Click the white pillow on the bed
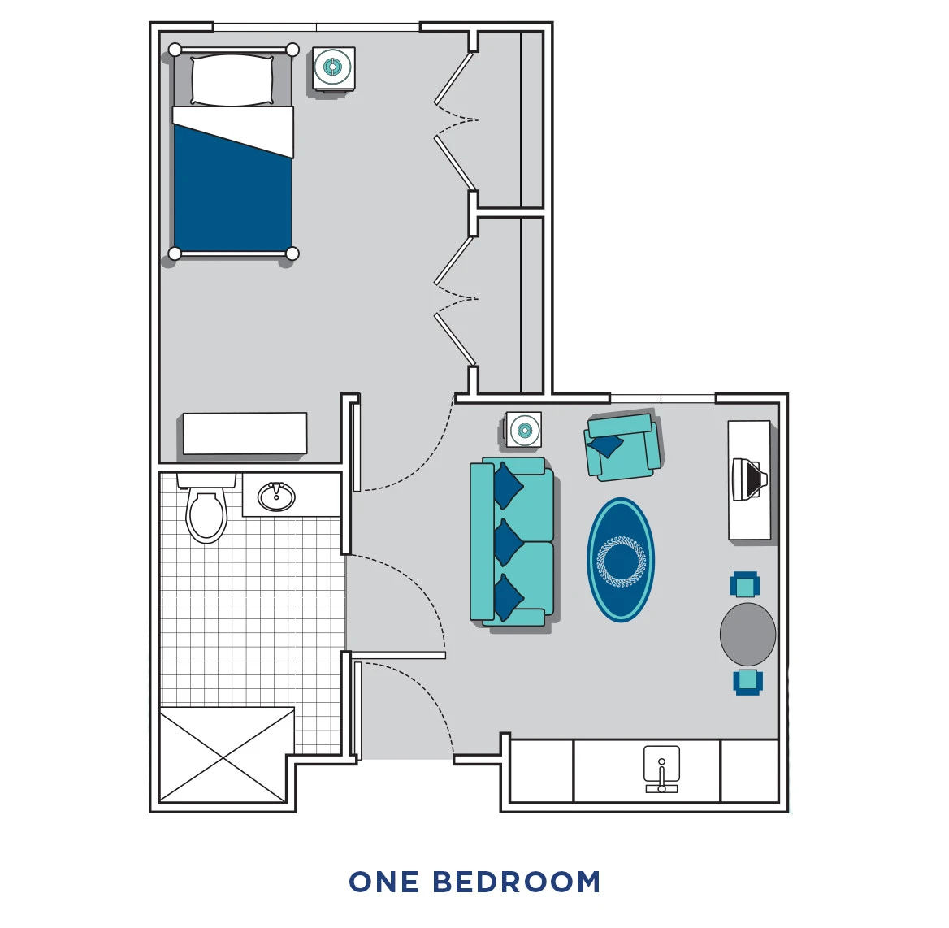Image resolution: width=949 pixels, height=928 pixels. (x=232, y=80)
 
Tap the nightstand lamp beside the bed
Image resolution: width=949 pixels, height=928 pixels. (x=333, y=67)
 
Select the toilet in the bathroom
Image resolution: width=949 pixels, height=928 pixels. (x=206, y=513)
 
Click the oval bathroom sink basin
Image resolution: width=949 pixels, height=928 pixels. (x=276, y=497)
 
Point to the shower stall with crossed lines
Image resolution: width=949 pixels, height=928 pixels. (x=226, y=755)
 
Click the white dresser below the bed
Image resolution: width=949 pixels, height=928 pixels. (x=245, y=433)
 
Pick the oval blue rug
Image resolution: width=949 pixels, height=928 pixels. (x=621, y=560)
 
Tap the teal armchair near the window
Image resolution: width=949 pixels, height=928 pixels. (x=622, y=446)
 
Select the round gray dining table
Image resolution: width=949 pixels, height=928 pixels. (x=747, y=634)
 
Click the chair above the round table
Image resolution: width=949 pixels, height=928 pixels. (x=745, y=585)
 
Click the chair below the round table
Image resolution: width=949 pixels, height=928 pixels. (x=747, y=681)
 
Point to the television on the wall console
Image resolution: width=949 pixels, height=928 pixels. (x=748, y=479)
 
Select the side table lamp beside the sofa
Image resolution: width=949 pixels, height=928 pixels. (x=523, y=430)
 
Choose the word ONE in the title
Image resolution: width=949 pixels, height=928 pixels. (x=383, y=882)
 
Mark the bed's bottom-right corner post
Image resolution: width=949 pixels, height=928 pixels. (x=292, y=254)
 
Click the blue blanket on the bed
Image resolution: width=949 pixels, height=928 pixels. (x=232, y=199)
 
